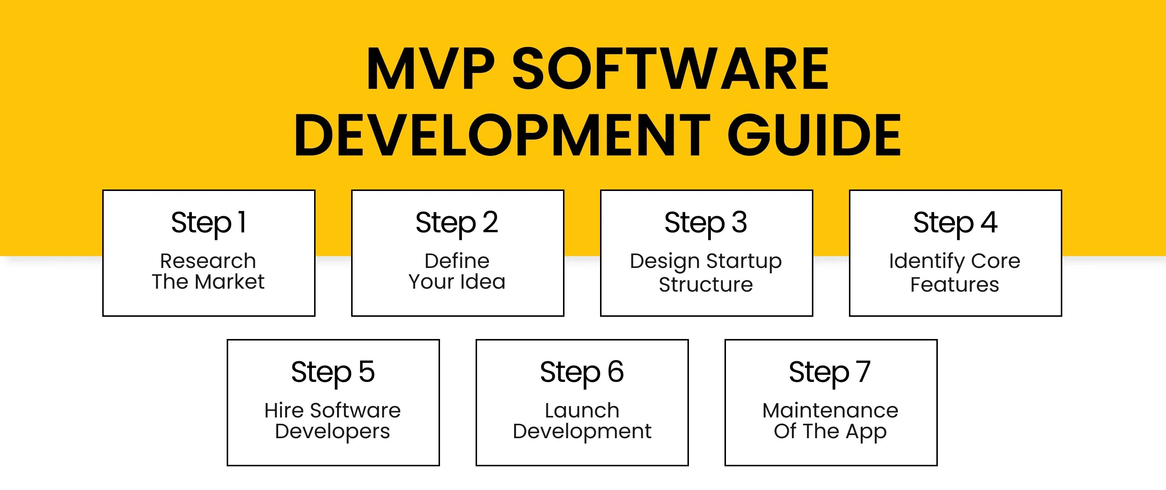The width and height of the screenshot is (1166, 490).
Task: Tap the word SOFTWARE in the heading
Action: point(670,69)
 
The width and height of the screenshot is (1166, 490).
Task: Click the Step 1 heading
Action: point(209,222)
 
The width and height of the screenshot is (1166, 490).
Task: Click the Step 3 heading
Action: point(706,222)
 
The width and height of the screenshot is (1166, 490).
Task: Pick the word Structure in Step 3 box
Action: point(706,285)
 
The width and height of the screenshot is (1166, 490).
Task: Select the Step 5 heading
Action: point(333,372)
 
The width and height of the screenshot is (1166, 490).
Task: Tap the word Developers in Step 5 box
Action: point(333,431)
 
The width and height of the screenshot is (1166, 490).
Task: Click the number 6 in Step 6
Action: point(616,372)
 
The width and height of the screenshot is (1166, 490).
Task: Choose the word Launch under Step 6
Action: point(582,410)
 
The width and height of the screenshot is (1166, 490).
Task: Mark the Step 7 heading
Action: point(830,372)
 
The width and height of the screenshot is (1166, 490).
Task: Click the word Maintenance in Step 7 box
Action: point(830,410)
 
